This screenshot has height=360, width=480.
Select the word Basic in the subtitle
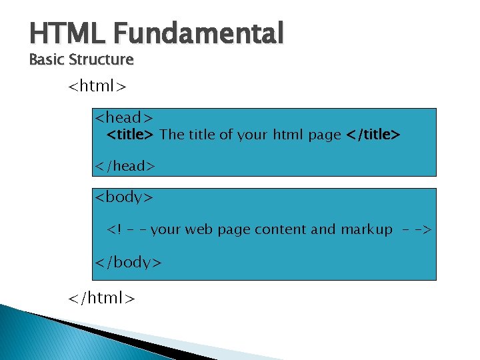(47, 59)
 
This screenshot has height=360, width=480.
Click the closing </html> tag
(102, 298)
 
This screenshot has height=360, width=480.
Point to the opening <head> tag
(125, 118)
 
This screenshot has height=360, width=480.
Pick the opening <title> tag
(131, 135)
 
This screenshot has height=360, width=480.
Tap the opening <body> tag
(125, 197)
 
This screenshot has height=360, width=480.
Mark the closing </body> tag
(128, 262)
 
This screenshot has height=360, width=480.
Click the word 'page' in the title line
(324, 135)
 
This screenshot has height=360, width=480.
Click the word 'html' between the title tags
(288, 135)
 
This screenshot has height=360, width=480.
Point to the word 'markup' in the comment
(367, 229)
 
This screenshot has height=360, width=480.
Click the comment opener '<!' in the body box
(115, 230)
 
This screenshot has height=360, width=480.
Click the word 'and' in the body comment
(323, 229)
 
